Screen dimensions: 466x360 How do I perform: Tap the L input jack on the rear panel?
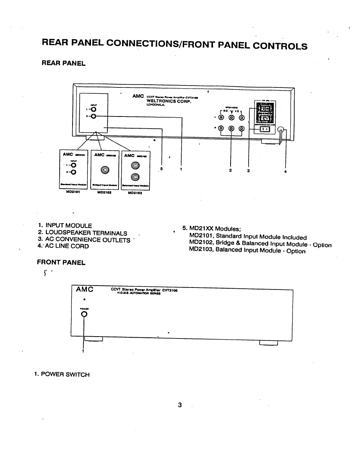pos(94,110)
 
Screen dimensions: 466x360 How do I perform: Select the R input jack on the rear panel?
pos(94,116)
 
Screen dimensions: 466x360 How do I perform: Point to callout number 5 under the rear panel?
pos(160,169)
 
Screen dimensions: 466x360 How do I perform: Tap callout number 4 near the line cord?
pos(285,171)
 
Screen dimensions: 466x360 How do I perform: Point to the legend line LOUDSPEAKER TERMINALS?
pos(86,233)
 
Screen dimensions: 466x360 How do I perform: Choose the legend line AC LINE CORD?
pos(67,246)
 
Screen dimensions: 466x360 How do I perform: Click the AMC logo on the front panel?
pos(84,289)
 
